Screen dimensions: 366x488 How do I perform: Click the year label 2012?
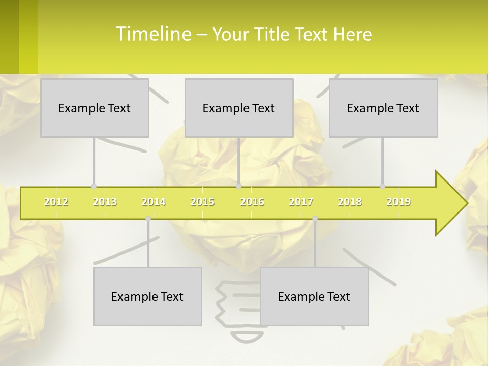click(56, 202)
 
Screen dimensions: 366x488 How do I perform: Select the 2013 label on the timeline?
click(105, 202)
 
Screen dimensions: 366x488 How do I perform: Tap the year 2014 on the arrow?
click(154, 202)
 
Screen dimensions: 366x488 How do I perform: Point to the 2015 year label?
click(202, 202)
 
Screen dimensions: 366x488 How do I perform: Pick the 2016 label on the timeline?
click(252, 202)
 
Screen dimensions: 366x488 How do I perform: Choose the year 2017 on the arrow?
click(301, 202)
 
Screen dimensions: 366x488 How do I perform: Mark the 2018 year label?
click(350, 202)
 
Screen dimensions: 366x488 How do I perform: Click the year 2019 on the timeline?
click(399, 202)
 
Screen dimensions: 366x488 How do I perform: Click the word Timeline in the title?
click(152, 34)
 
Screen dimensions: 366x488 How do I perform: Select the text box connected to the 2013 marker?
click(95, 108)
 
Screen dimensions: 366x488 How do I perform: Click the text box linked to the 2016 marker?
click(239, 108)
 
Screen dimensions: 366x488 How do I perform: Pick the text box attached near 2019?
click(383, 108)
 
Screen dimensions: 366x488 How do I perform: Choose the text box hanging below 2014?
click(147, 296)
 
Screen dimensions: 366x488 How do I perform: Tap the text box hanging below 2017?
click(314, 296)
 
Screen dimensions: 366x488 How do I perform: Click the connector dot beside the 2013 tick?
click(94, 187)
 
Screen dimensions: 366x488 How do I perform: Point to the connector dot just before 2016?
click(239, 187)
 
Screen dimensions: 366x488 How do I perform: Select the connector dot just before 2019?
click(383, 187)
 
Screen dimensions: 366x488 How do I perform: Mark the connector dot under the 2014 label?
click(148, 219)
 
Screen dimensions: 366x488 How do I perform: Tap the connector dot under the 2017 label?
click(315, 219)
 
